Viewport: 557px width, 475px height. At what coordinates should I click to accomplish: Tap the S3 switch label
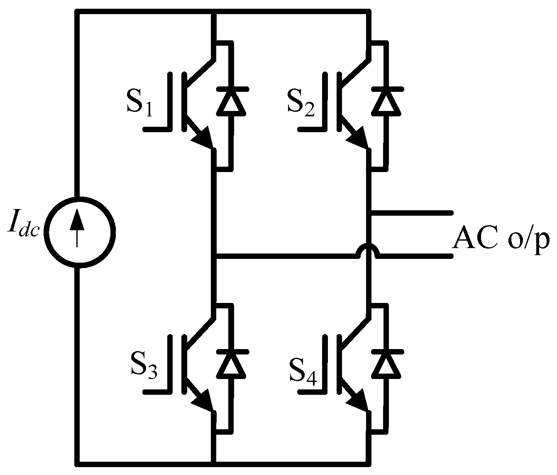click(144, 366)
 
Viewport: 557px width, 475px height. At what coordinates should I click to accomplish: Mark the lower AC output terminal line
click(415, 256)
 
